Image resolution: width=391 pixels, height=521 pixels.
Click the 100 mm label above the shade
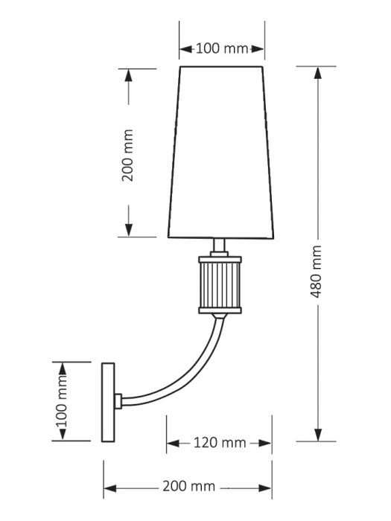point(221,49)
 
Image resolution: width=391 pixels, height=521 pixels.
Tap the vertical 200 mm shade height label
point(127,155)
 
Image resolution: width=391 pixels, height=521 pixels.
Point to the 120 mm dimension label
point(217,443)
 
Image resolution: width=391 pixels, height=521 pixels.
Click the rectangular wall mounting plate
point(109,402)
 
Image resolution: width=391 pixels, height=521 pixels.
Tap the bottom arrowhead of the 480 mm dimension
point(318,435)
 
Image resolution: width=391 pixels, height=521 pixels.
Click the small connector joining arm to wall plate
point(118,402)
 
